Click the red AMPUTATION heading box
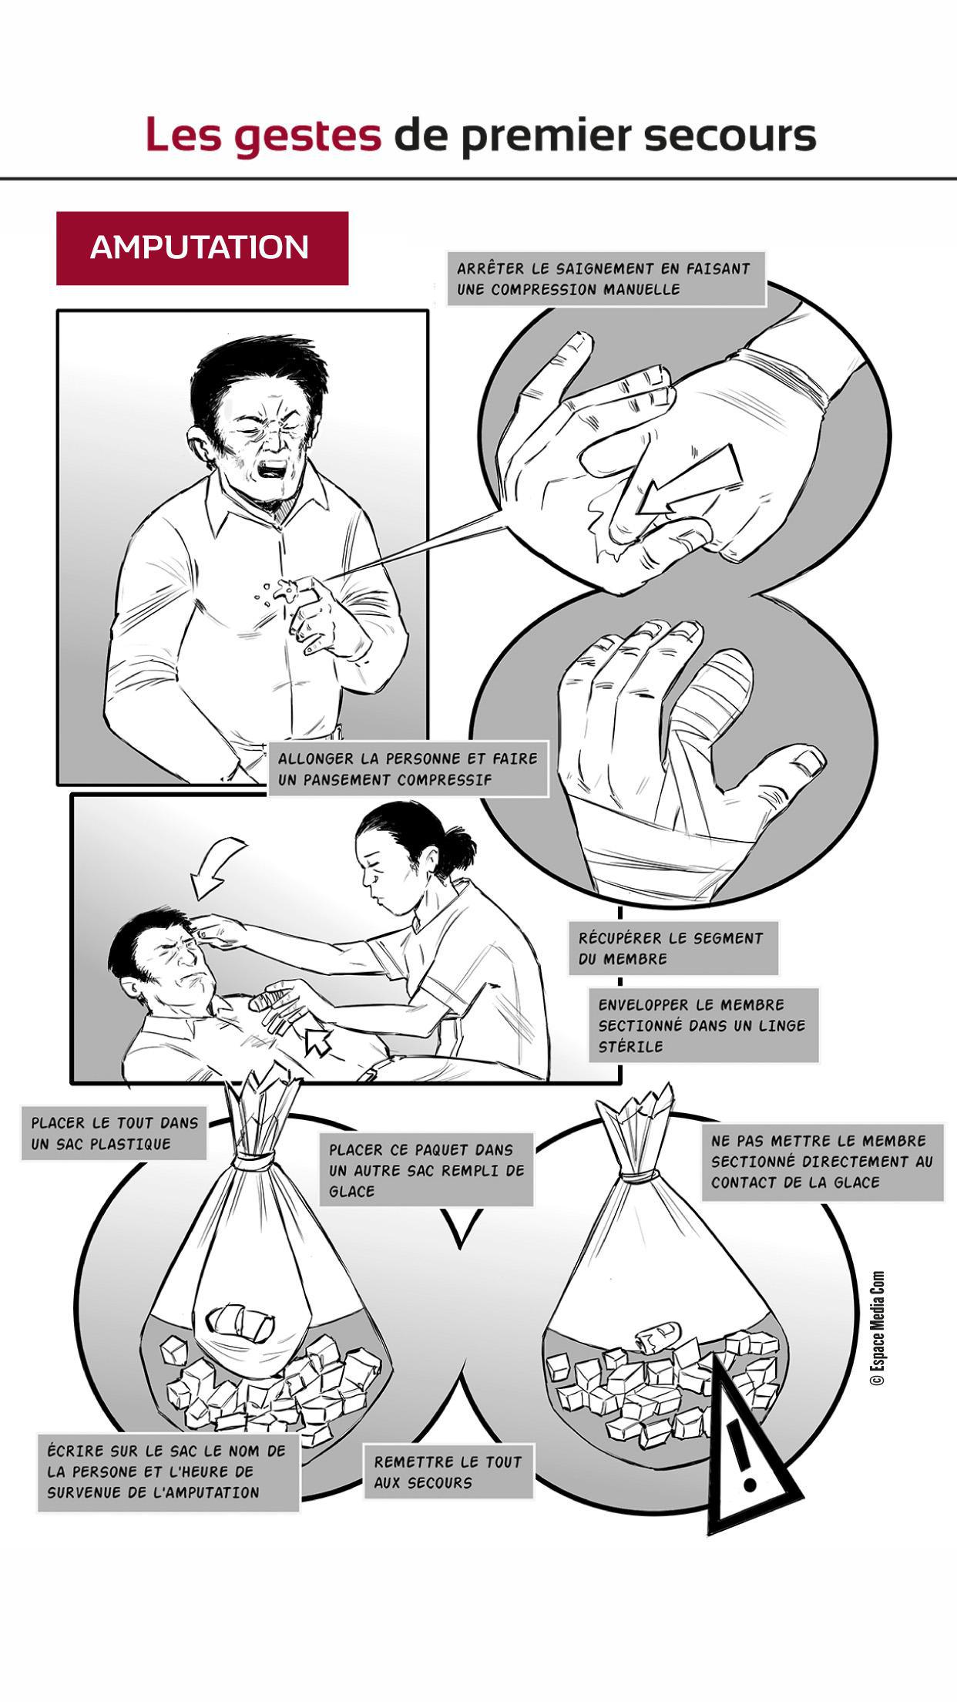point(202,248)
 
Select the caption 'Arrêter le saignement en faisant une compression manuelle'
point(606,279)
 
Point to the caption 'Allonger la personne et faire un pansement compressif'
point(408,769)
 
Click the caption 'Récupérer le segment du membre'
point(673,948)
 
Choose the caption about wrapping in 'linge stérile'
point(703,1025)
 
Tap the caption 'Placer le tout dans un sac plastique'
point(114,1133)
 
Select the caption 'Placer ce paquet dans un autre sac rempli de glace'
point(426,1170)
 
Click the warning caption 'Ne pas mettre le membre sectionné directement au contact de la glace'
point(822,1162)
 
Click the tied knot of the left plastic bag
point(257,1159)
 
